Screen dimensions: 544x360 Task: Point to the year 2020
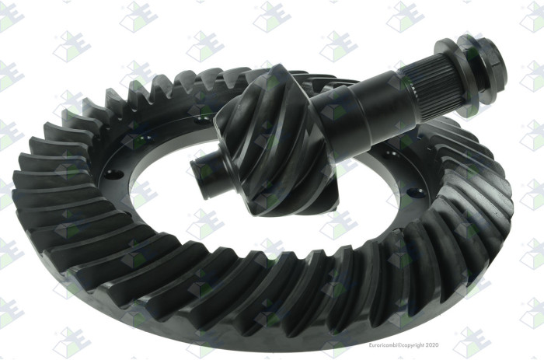431,345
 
